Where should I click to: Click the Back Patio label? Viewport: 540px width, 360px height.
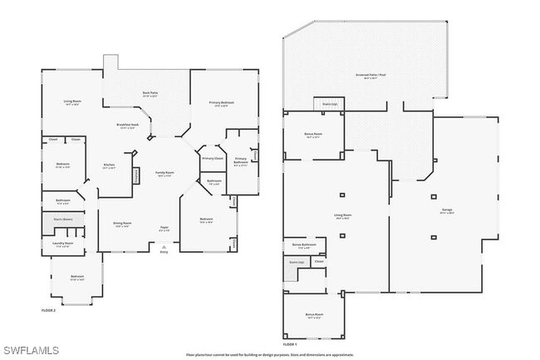click(x=150, y=94)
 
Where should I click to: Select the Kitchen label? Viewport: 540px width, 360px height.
click(x=109, y=165)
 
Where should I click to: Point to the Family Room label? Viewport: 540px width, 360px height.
click(x=164, y=174)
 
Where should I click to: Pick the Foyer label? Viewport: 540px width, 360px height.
click(x=164, y=227)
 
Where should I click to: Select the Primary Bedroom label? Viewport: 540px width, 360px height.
click(x=221, y=103)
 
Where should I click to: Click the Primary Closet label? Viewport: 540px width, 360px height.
click(x=213, y=157)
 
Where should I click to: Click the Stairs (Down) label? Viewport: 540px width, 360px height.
click(x=63, y=220)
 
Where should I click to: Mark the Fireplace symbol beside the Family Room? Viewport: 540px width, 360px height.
click(x=136, y=176)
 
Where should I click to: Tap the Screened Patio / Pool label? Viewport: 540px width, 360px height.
click(x=366, y=76)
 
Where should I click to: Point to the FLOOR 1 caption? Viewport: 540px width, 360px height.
click(x=290, y=343)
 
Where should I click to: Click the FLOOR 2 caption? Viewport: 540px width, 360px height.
click(x=48, y=309)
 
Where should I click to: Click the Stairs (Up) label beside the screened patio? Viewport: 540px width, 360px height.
click(x=329, y=104)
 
